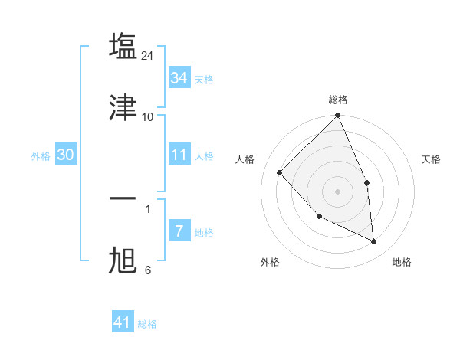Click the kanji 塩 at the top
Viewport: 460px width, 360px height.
click(123, 46)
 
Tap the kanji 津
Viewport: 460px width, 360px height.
click(123, 107)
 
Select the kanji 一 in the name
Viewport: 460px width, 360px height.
click(123, 198)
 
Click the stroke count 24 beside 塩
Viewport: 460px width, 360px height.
click(148, 56)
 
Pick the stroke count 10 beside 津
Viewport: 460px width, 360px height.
click(148, 116)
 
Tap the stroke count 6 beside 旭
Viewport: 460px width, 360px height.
click(148, 270)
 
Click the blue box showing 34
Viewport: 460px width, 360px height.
click(179, 78)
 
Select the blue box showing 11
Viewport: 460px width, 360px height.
click(179, 155)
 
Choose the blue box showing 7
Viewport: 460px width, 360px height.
click(179, 231)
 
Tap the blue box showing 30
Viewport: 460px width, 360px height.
click(66, 155)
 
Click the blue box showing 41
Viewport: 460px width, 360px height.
click(123, 322)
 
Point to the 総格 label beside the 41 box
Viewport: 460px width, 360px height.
click(148, 324)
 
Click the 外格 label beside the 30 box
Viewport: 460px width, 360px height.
click(41, 156)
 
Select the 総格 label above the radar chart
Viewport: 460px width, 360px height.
click(338, 100)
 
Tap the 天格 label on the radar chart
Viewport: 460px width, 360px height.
click(431, 159)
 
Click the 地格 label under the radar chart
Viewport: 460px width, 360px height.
click(402, 262)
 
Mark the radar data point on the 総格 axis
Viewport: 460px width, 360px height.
click(338, 116)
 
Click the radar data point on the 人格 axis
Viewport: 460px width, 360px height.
click(280, 172)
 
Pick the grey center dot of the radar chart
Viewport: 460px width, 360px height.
click(338, 191)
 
